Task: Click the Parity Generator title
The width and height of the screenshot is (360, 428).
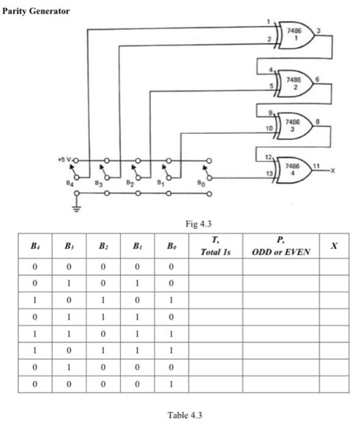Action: [x=37, y=11]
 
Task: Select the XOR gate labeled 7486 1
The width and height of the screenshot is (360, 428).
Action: [x=295, y=34]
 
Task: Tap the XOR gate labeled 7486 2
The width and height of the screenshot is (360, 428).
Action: [x=295, y=83]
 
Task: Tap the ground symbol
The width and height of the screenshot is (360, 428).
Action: [x=76, y=208]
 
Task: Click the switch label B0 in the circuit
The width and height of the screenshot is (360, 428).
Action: [x=202, y=182]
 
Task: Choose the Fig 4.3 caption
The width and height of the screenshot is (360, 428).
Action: [x=193, y=224]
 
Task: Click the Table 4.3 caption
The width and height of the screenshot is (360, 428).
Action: [x=184, y=415]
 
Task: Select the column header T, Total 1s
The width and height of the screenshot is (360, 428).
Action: [x=215, y=247]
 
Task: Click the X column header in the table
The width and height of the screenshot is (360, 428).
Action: [x=334, y=246]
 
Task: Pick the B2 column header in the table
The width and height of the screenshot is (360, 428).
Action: [x=103, y=247]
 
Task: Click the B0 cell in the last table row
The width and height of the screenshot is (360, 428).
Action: [x=171, y=385]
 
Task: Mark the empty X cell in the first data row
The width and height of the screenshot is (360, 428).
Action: [x=334, y=266]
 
